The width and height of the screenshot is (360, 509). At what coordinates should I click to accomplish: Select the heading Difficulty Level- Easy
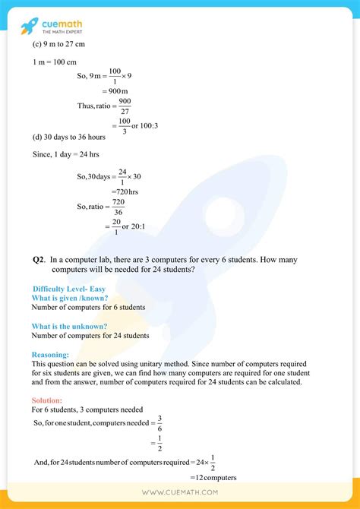70,289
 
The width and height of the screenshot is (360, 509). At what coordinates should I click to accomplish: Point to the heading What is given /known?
70,298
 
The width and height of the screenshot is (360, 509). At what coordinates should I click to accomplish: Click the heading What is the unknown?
69,326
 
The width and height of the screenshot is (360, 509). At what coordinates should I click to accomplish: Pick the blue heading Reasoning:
50,354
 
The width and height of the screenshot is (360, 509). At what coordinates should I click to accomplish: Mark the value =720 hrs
125,192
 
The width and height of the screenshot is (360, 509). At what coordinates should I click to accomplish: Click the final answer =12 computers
212,477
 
